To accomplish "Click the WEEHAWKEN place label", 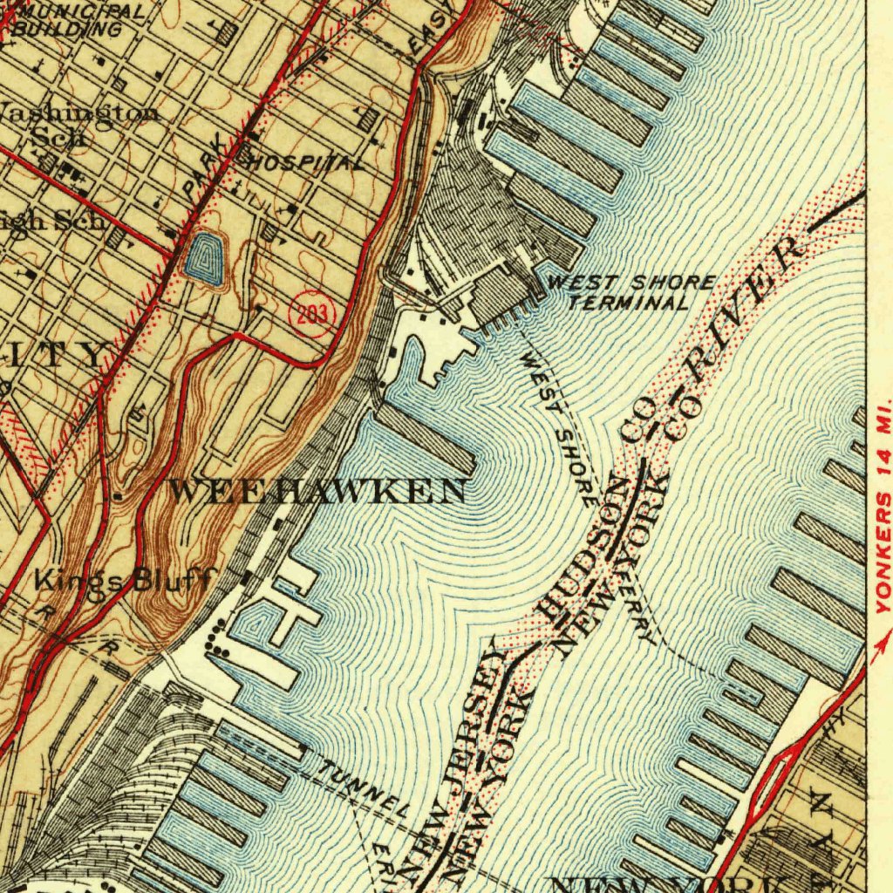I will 317,491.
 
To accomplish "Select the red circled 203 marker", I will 310,314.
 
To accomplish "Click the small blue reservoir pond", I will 204,257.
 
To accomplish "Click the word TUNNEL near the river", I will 362,787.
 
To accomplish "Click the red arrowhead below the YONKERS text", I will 876,645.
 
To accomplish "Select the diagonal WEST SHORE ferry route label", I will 558,427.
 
